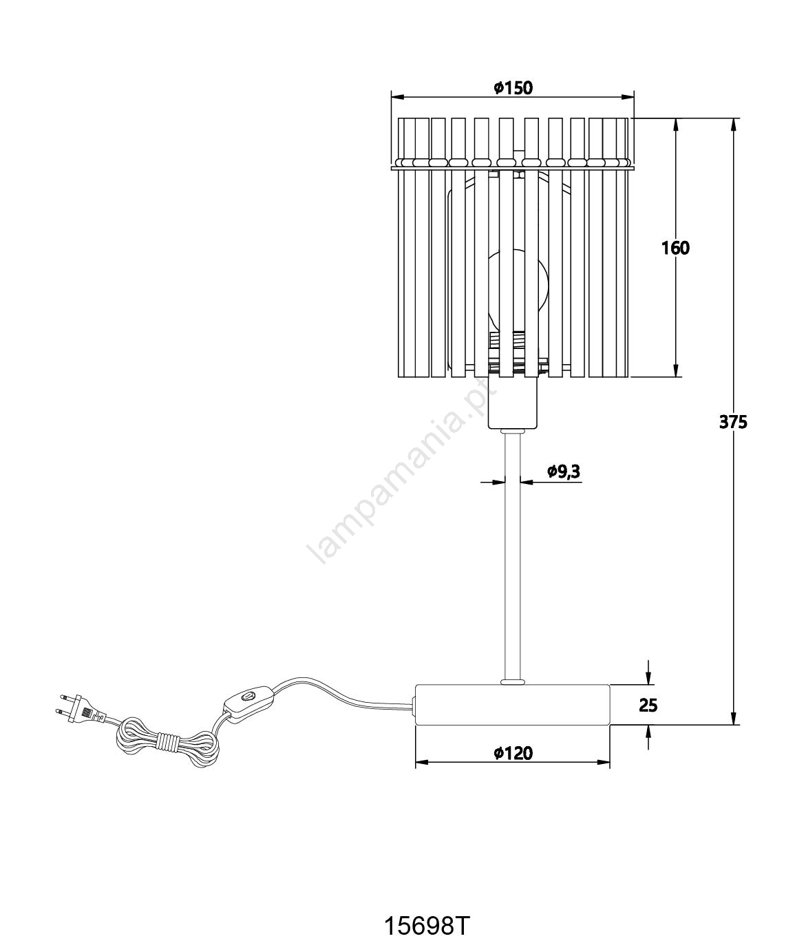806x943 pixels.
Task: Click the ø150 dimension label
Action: (x=513, y=87)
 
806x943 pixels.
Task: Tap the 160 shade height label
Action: (x=675, y=248)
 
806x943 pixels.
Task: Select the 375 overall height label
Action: (x=733, y=423)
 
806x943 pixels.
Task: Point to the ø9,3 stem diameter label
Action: (x=563, y=471)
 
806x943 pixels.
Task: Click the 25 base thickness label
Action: (x=648, y=706)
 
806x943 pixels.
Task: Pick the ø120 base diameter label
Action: (x=513, y=753)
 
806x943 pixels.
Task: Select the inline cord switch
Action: (x=248, y=703)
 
